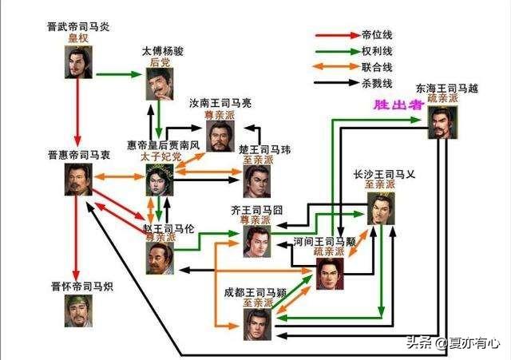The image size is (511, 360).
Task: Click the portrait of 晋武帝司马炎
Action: coord(78,62)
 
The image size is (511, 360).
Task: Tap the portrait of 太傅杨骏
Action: coord(160,84)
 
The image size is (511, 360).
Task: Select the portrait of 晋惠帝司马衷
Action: coord(78,180)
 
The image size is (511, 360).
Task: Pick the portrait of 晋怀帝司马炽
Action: coord(78,311)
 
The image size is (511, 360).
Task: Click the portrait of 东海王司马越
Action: coord(442,122)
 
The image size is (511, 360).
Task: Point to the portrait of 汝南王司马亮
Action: coord(220,136)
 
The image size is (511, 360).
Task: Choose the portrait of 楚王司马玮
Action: coord(257,181)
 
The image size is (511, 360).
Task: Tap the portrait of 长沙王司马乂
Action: coord(381,208)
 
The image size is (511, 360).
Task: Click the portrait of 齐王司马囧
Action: coord(257,241)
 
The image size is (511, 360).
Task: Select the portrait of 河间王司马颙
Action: coord(330,274)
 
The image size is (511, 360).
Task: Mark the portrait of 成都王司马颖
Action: coord(257,325)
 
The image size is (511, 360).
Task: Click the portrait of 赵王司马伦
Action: coord(160,259)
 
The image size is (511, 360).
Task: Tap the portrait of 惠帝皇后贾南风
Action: coord(160,180)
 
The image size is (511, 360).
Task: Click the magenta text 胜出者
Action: coord(399,105)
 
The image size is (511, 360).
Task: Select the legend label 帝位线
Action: coord(377,35)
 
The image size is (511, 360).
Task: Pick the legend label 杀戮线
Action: coord(377,83)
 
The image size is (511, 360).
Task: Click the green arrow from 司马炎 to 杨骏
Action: coord(119,74)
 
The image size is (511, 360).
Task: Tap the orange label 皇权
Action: coord(78,38)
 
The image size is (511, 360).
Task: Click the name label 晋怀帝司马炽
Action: coord(82,287)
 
